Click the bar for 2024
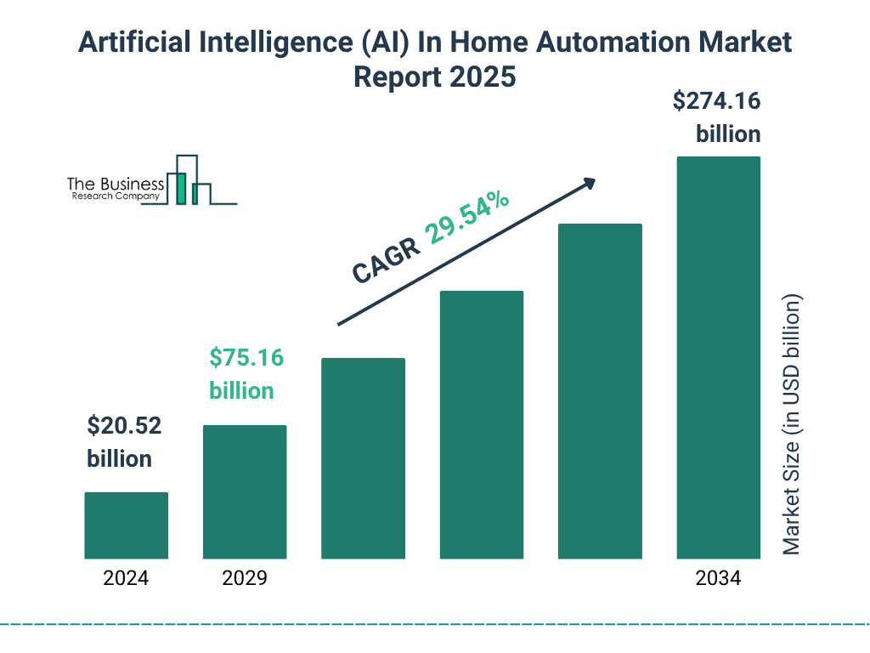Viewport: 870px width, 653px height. pyautogui.click(x=126, y=525)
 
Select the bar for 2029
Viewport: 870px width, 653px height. pyautogui.click(x=245, y=491)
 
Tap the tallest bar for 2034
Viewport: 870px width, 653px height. pyautogui.click(x=718, y=357)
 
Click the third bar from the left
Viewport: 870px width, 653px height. pyautogui.click(x=363, y=458)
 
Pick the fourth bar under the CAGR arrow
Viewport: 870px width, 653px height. pyautogui.click(x=482, y=424)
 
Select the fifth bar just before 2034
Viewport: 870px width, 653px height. pyautogui.click(x=600, y=391)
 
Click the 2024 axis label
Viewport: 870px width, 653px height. pyautogui.click(x=126, y=579)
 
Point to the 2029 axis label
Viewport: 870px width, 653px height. pyautogui.click(x=245, y=579)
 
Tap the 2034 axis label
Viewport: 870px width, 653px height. pyautogui.click(x=718, y=579)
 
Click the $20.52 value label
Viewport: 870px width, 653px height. pyautogui.click(x=124, y=426)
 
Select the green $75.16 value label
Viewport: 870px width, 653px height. pyautogui.click(x=246, y=358)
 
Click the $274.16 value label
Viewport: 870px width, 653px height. pyautogui.click(x=716, y=102)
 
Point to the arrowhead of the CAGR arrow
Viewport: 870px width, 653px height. pyautogui.click(x=590, y=182)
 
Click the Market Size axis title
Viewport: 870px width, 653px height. pyautogui.click(x=792, y=425)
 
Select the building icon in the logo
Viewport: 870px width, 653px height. pyautogui.click(x=189, y=181)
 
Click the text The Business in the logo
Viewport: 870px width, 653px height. pyautogui.click(x=116, y=184)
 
